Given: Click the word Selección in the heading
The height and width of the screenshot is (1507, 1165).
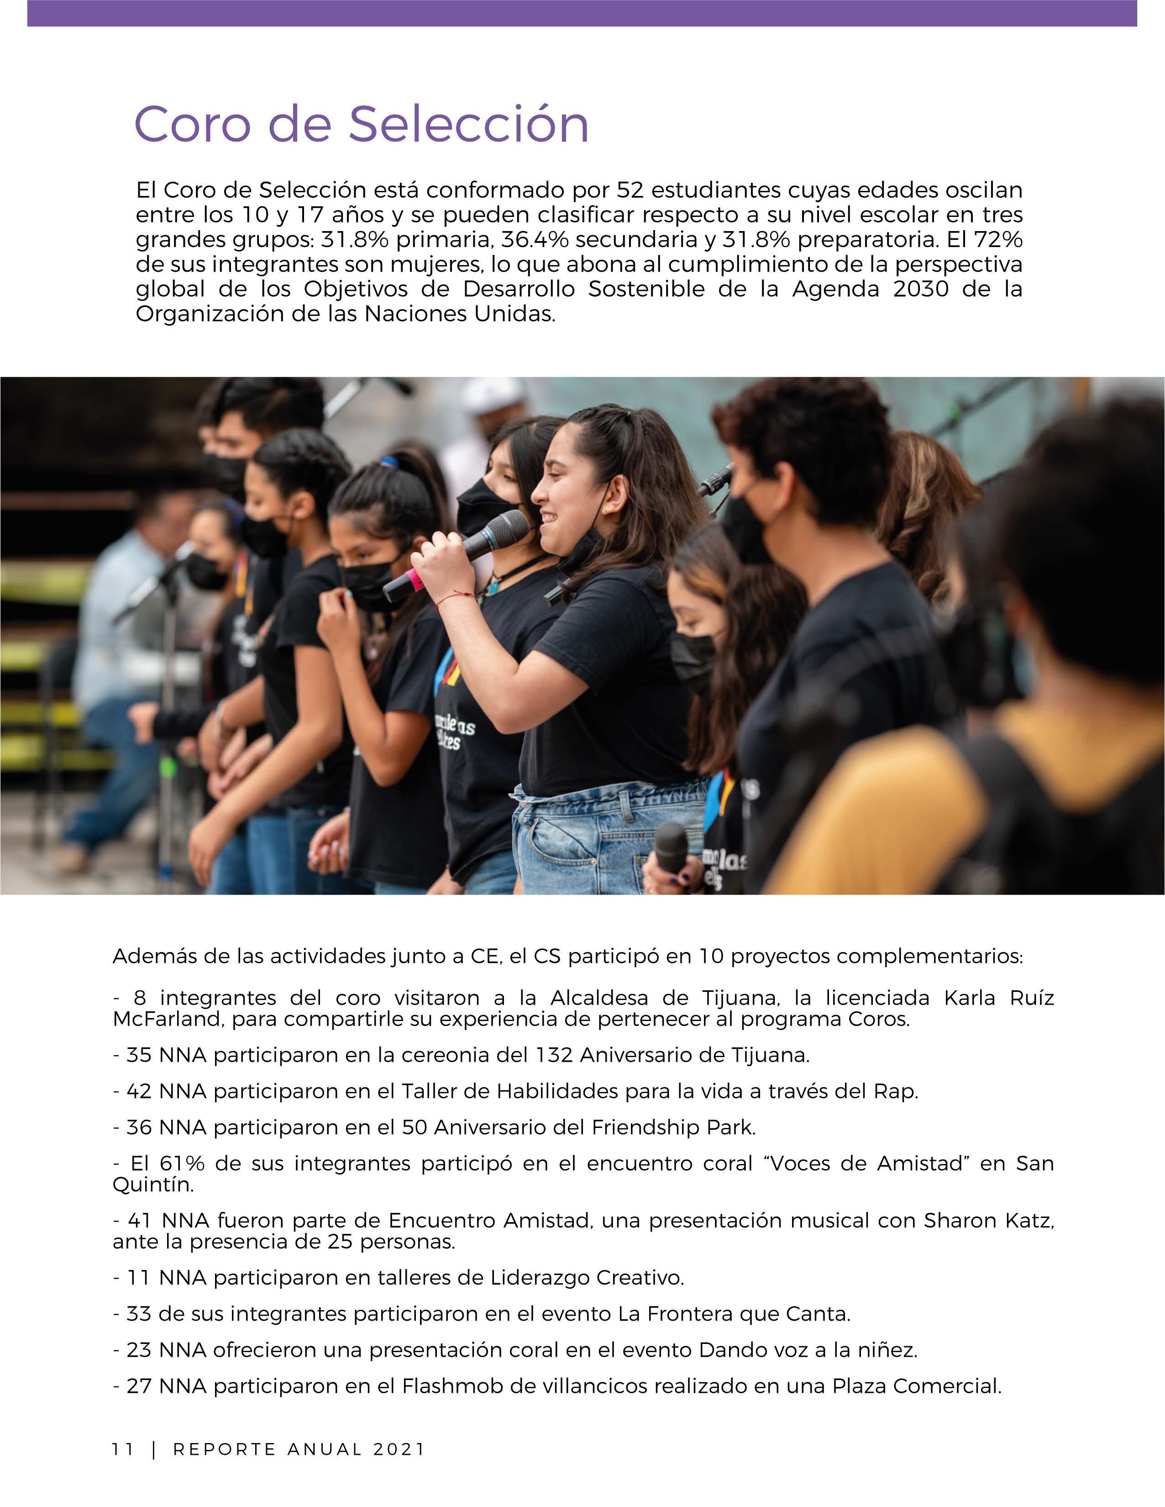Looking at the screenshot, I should [x=468, y=124].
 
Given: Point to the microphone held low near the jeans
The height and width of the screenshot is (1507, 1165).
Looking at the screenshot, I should [x=671, y=847].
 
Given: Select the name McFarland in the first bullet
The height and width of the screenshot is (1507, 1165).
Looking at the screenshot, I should [x=168, y=1019].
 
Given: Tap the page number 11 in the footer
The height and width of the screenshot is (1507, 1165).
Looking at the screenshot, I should [x=123, y=1449].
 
